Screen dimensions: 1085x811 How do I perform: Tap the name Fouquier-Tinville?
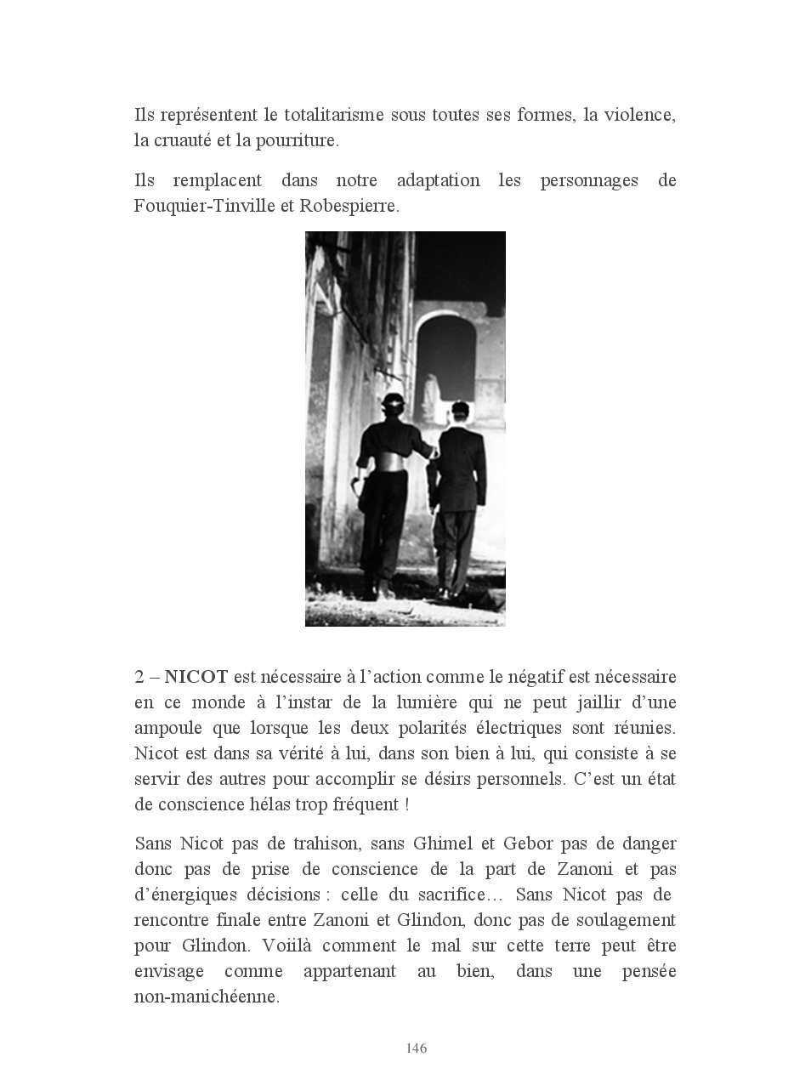click(x=205, y=207)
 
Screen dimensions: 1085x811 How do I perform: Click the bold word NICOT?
click(x=196, y=677)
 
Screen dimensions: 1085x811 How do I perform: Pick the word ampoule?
click(x=168, y=728)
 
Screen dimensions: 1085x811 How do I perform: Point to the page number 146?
click(x=417, y=1048)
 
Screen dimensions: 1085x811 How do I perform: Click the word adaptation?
click(x=438, y=181)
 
